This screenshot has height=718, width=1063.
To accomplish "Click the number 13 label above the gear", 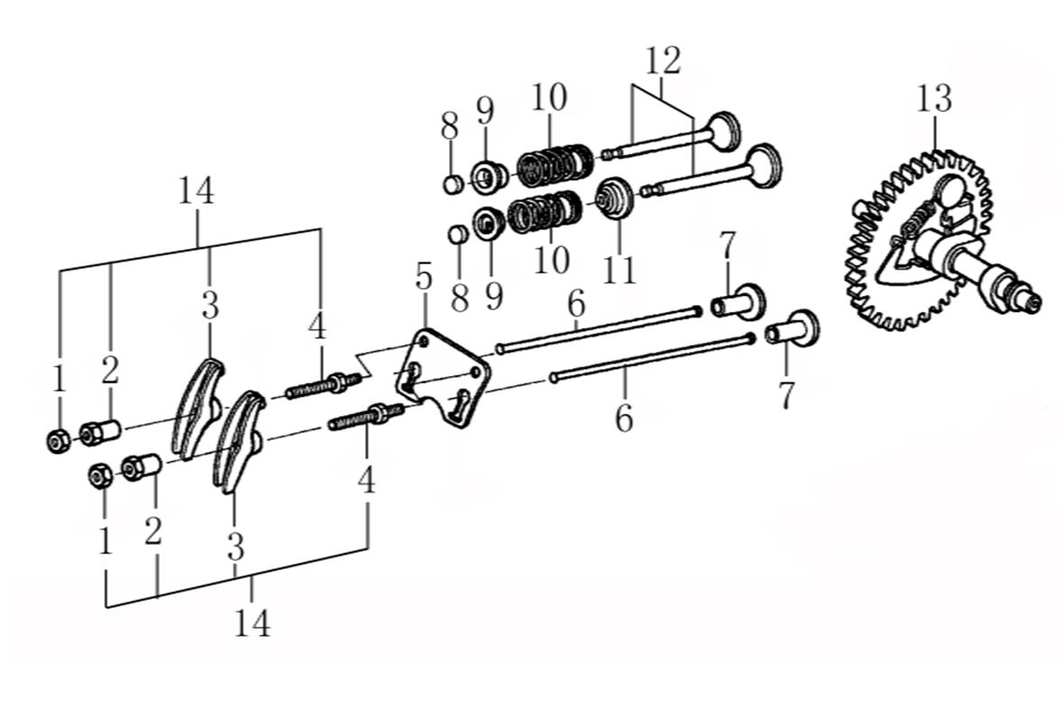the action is [934, 98].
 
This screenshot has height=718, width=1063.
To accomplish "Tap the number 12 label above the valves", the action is [663, 60].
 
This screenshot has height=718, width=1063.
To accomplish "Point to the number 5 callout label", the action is [423, 277].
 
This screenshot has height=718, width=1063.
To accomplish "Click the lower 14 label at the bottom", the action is [252, 622].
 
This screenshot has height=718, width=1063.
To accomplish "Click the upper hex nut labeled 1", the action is [56, 441].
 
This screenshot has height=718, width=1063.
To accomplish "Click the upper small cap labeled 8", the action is [454, 182].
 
